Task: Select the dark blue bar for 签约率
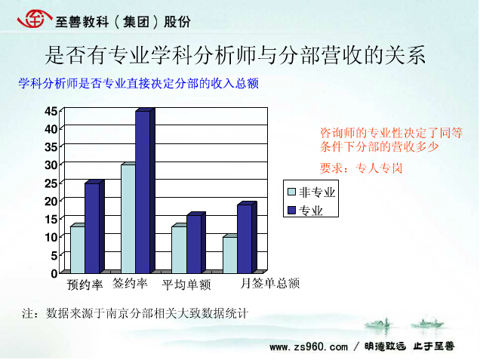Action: click(x=143, y=192)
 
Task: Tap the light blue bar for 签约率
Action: click(x=128, y=219)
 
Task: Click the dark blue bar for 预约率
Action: click(x=92, y=228)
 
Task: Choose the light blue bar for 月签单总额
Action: click(x=230, y=255)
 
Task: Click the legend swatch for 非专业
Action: click(x=292, y=192)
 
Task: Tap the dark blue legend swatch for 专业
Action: click(x=292, y=211)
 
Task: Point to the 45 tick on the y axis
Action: click(x=51, y=111)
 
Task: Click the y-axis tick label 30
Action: click(x=51, y=165)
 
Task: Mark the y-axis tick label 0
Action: click(x=54, y=273)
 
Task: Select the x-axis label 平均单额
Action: click(x=186, y=285)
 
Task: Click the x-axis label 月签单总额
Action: click(x=270, y=283)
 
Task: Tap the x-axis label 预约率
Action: click(x=85, y=285)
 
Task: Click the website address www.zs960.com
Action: click(x=309, y=347)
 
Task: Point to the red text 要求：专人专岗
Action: click(x=361, y=168)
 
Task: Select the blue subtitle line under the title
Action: click(x=138, y=83)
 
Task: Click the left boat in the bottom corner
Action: click(x=378, y=324)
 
